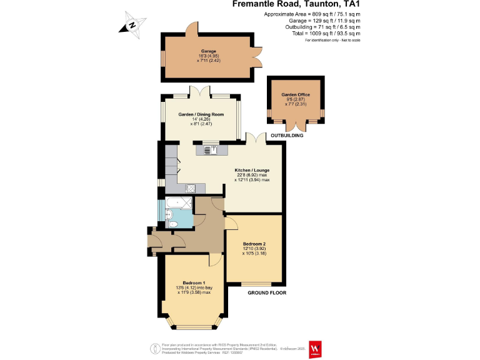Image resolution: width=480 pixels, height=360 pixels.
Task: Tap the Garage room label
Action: click(208, 51)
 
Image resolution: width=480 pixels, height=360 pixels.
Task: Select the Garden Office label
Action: click(295, 95)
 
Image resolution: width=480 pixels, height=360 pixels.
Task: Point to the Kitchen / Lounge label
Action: click(252, 171)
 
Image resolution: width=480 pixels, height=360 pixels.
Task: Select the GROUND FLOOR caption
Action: click(267, 292)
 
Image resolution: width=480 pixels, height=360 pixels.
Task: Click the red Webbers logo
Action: click(316, 348)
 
